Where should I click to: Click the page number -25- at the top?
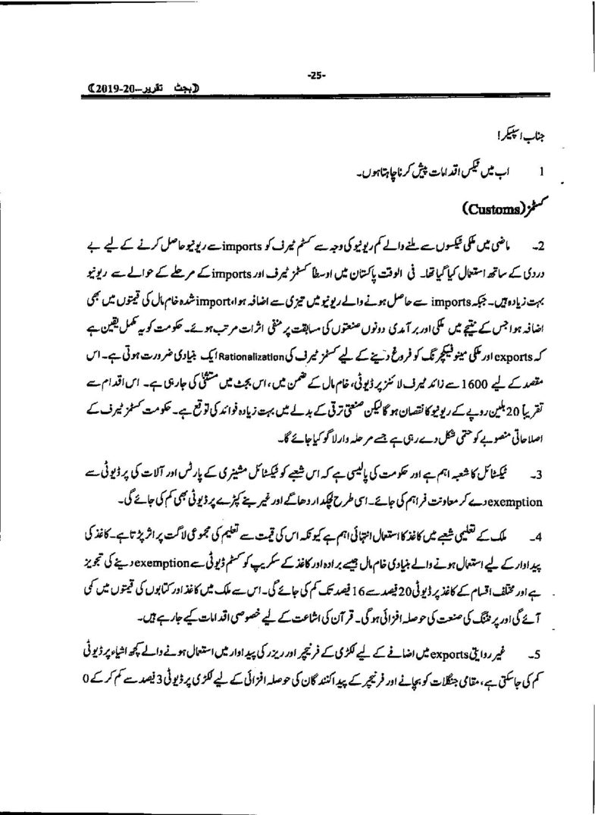click(315, 74)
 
